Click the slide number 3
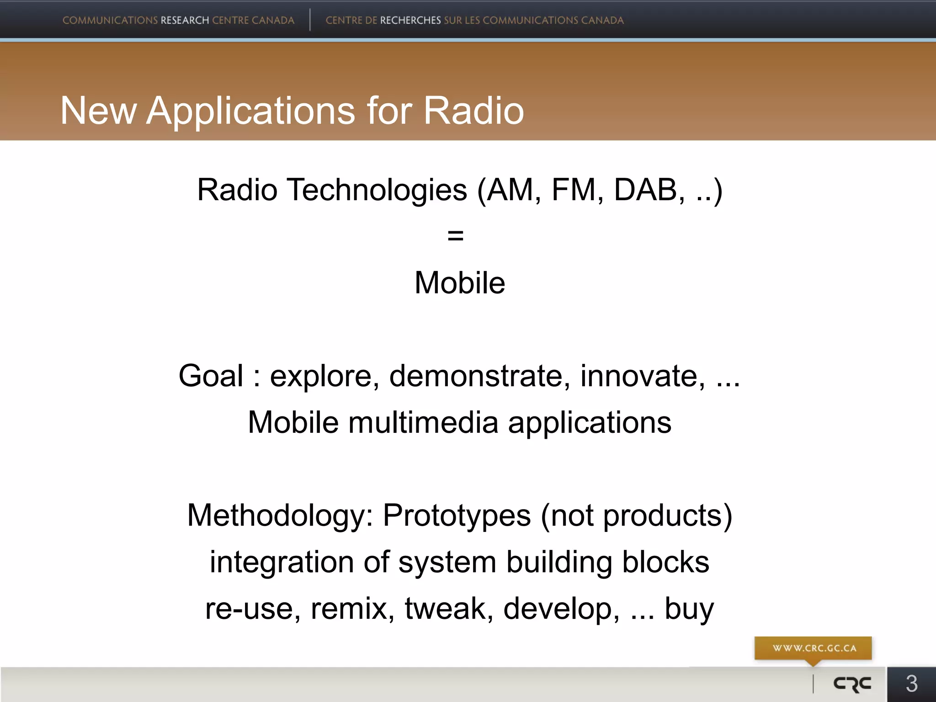[911, 684]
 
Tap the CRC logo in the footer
[852, 684]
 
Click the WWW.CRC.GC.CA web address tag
[814, 648]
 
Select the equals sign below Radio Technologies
[455, 236]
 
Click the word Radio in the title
[473, 111]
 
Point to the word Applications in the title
[250, 111]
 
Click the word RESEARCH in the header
[185, 20]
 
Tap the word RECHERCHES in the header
[410, 20]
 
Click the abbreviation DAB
[645, 190]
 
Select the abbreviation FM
[574, 190]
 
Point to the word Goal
[211, 376]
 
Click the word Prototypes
[457, 515]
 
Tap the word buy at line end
[689, 609]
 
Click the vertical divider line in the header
[310, 20]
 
